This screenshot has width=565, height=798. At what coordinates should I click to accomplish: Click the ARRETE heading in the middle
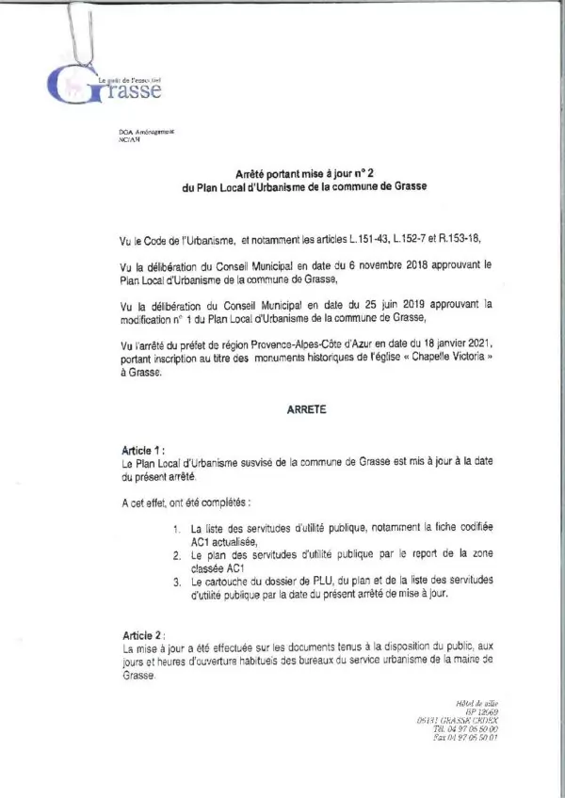(302, 411)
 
